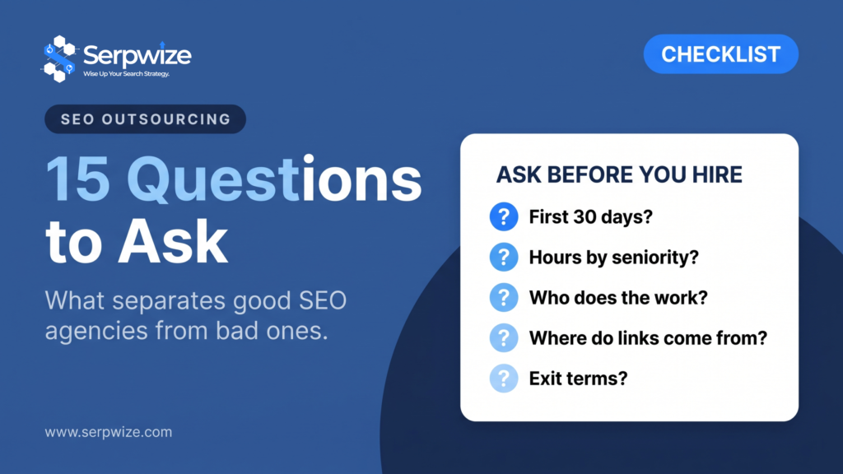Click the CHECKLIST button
(720, 54)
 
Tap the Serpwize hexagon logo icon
(59, 59)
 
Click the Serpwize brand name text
(137, 55)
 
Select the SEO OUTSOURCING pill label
(145, 118)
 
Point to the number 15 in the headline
(77, 179)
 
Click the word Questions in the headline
(274, 179)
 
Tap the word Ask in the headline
(173, 243)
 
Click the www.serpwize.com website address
(109, 432)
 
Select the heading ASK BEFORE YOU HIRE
(619, 174)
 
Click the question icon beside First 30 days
(504, 216)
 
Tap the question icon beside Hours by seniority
(504, 257)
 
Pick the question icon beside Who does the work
(504, 297)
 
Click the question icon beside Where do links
(504, 337)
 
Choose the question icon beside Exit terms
(504, 379)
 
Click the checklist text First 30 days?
(591, 217)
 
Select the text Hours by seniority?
(614, 258)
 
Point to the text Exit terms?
(579, 379)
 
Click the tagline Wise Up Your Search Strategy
(126, 73)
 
